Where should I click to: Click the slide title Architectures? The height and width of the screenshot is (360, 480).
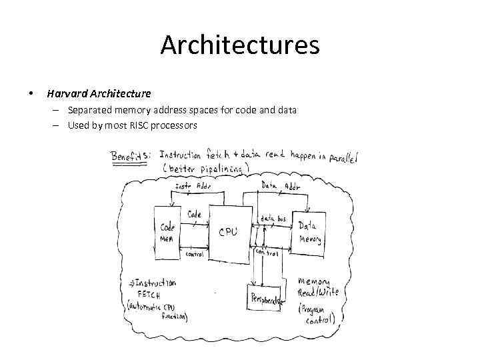[240, 45]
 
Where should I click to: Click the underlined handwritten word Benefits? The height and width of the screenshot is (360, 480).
[132, 156]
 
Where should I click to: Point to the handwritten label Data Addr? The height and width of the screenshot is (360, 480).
[280, 185]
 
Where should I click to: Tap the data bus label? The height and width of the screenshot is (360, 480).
[273, 218]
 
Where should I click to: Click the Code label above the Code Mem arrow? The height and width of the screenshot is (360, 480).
[194, 214]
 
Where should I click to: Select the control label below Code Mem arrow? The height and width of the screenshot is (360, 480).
[194, 254]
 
